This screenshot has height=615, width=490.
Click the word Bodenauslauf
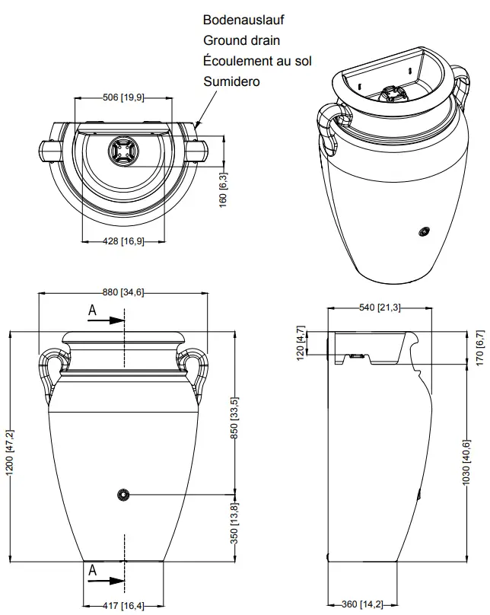tap(243, 21)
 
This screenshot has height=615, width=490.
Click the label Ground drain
tap(241, 40)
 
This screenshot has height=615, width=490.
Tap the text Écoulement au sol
tap(257, 60)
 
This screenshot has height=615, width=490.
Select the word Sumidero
tap(231, 80)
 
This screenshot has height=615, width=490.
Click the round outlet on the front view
tap(123, 496)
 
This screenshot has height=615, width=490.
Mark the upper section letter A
tap(92, 311)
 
